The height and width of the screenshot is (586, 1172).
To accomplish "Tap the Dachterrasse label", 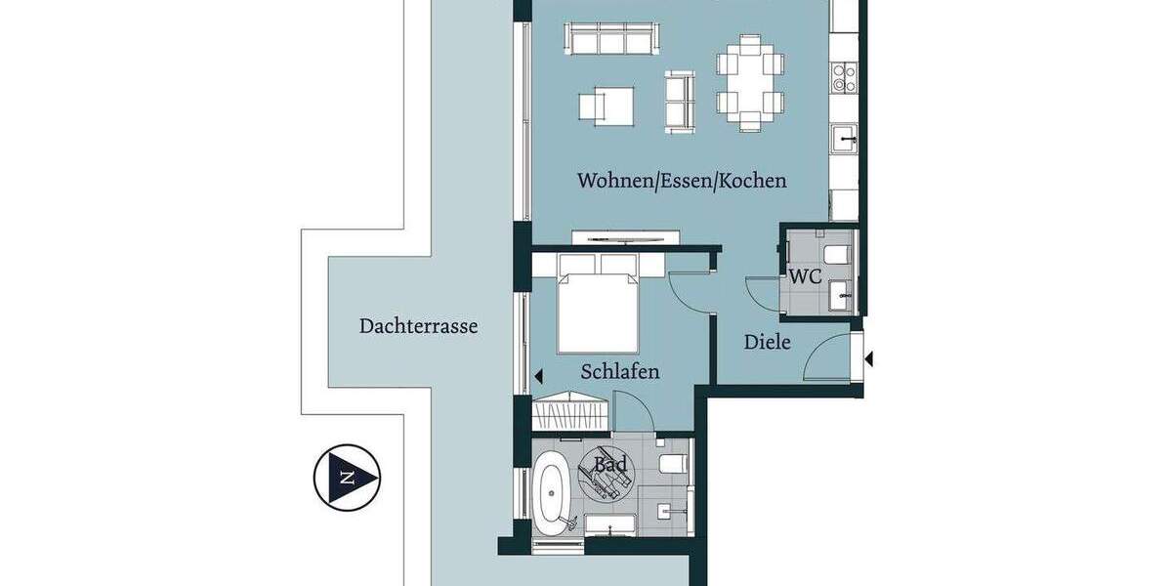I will click(x=418, y=326).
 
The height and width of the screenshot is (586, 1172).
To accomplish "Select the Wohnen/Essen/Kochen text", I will click(x=682, y=181).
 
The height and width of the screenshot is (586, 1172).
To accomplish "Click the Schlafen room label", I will click(x=619, y=371).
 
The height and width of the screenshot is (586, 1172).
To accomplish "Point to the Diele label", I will click(x=767, y=342).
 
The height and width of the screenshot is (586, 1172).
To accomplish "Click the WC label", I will click(x=805, y=276).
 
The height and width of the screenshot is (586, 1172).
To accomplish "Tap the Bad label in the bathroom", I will click(x=610, y=465).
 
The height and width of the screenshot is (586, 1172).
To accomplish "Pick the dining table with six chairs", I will click(x=750, y=82).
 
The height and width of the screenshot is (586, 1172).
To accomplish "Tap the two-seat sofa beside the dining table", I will click(x=680, y=101).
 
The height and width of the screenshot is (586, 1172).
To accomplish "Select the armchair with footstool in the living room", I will click(x=606, y=105).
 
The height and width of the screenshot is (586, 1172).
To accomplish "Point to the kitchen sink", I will click(x=844, y=140).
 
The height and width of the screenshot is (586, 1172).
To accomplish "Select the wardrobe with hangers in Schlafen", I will click(x=571, y=411).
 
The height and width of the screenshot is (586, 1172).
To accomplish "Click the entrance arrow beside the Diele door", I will click(x=867, y=359).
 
